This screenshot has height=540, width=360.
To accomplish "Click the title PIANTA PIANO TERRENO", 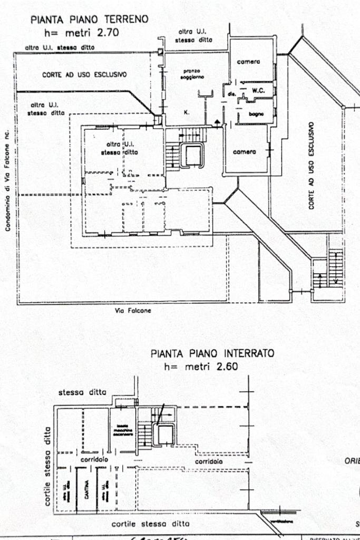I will (89, 20).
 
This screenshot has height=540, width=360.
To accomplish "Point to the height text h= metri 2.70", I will (89, 32).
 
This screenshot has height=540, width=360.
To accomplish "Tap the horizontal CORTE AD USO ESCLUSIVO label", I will (84, 75).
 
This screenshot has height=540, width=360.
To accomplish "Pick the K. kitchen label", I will (187, 112).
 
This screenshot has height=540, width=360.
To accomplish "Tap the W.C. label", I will (258, 90).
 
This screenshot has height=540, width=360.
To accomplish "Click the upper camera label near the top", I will (248, 62).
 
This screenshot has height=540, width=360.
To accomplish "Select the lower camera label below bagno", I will (245, 152).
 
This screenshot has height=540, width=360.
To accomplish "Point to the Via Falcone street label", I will (133, 311).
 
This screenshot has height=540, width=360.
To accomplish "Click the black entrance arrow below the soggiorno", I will (217, 122).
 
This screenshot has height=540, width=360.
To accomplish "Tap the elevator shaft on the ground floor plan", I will (192, 156).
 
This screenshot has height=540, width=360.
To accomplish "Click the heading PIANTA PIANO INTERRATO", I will (212, 353).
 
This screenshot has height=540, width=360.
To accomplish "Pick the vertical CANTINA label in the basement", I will (86, 489).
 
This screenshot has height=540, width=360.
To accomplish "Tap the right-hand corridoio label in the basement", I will (209, 461).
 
